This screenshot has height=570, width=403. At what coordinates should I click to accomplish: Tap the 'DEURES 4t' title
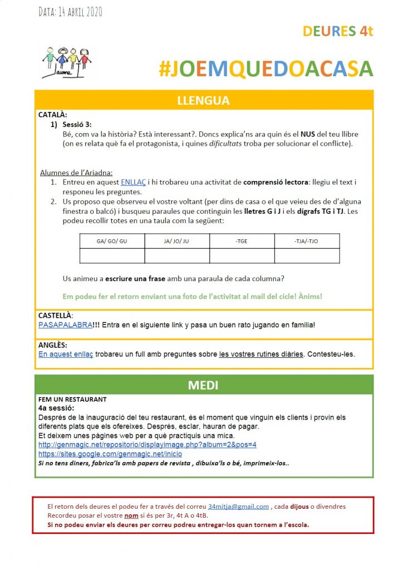pyautogui.click(x=337, y=31)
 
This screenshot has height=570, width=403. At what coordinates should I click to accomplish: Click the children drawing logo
pyautogui.click(x=67, y=61)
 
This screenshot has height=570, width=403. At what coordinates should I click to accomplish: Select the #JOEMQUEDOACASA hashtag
pyautogui.click(x=265, y=68)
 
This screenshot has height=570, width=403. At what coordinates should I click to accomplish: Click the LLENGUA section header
pyautogui.click(x=203, y=101)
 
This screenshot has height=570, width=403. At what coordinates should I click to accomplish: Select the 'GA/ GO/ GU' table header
pyautogui.click(x=112, y=241)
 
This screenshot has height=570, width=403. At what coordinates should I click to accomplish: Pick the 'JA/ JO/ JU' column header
pyautogui.click(x=177, y=241)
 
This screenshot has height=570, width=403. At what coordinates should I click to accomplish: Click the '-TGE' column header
pyautogui.click(x=242, y=241)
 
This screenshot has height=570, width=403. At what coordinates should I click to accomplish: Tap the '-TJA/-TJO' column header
pyautogui.click(x=307, y=241)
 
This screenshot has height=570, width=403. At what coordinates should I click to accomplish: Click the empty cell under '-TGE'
pyautogui.click(x=242, y=255)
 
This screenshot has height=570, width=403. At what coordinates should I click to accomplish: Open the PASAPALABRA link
pyautogui.click(x=65, y=325)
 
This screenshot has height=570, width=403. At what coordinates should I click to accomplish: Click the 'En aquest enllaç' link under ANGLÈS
pyautogui.click(x=66, y=354)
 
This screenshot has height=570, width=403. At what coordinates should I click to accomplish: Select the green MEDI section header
pyautogui.click(x=203, y=385)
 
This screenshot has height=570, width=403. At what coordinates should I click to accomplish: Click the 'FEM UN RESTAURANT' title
pyautogui.click(x=72, y=399)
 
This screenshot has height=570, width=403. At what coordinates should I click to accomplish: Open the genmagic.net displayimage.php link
pyautogui.click(x=147, y=445)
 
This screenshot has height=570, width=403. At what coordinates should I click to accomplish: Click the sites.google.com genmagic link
pyautogui.click(x=110, y=454)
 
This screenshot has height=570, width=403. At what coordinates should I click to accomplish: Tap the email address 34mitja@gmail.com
pyautogui.click(x=238, y=507)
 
